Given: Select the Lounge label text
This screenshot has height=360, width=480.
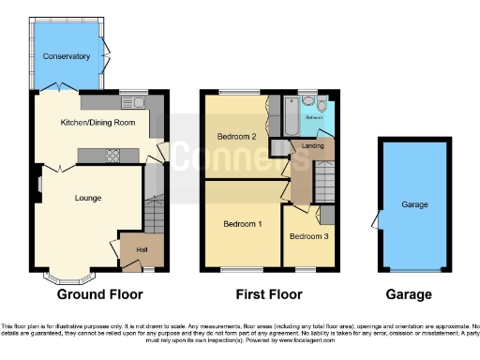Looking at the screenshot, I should click(88, 198).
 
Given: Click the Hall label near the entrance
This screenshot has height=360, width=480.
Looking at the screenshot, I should click(142, 249).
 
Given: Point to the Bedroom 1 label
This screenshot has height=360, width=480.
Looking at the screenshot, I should click(242, 225).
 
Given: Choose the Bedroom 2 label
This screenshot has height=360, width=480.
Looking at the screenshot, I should click(236, 137).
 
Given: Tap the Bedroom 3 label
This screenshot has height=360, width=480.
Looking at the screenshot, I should click(307, 236).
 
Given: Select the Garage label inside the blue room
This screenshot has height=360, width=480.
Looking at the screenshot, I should click(414, 204).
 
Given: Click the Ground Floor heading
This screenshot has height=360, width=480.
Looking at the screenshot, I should click(100, 294).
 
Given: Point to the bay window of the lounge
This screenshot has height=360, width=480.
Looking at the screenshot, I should click(67, 277).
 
